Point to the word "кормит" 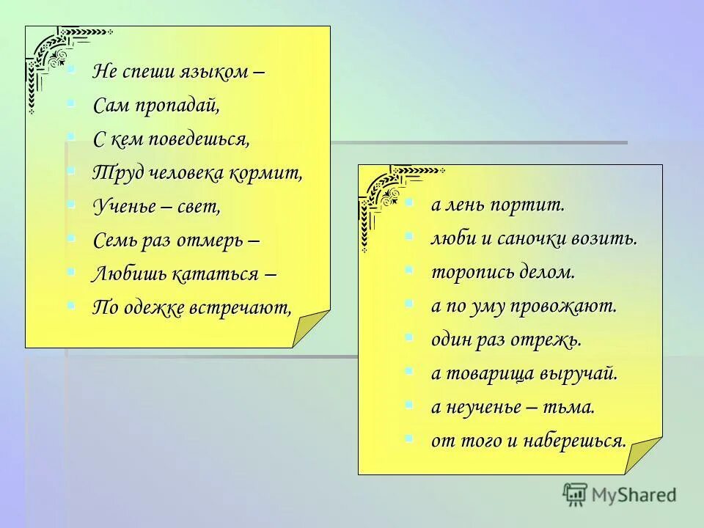271,173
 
